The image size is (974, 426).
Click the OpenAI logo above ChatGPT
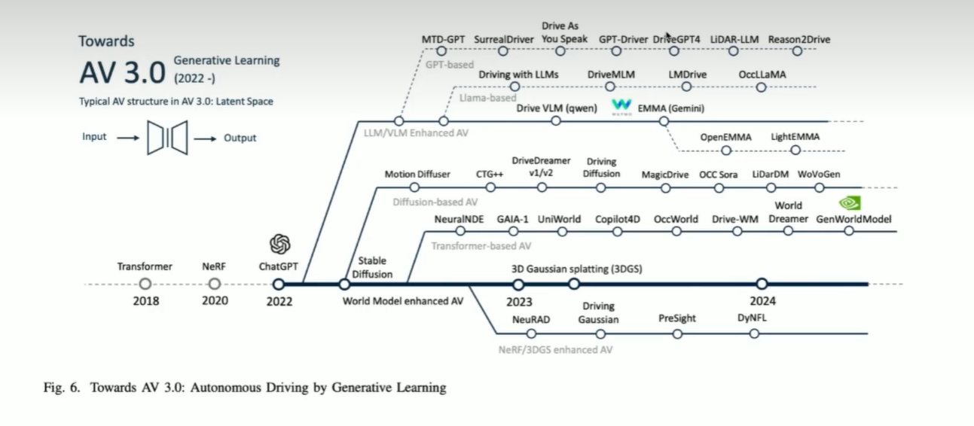280,244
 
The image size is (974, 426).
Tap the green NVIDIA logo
850,203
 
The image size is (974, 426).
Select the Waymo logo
621,106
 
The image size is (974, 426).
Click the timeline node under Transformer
145,284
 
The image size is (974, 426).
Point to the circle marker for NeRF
214,284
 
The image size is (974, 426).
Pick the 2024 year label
762,301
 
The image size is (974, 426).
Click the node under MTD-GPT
441,51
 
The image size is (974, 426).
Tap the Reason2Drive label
798,39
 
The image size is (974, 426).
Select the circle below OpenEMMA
726,150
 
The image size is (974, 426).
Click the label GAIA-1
512,219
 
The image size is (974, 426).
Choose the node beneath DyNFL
754,333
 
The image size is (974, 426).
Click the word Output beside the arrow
240,138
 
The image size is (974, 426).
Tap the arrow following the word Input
128,138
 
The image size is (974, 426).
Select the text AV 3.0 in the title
122,72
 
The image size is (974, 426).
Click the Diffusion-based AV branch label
435,202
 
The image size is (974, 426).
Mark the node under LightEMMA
795,150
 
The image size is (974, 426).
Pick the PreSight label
676,318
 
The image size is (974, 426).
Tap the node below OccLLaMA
762,87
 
